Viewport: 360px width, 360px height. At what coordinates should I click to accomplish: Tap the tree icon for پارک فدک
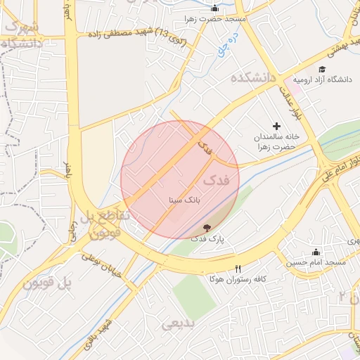207,228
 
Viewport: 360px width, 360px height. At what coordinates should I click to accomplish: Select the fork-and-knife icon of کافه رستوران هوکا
238,269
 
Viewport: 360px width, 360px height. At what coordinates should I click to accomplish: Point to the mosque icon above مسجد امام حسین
316,252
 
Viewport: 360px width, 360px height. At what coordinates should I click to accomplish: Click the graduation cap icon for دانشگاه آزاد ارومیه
322,69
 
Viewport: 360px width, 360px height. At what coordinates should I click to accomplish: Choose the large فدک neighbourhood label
216,181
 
